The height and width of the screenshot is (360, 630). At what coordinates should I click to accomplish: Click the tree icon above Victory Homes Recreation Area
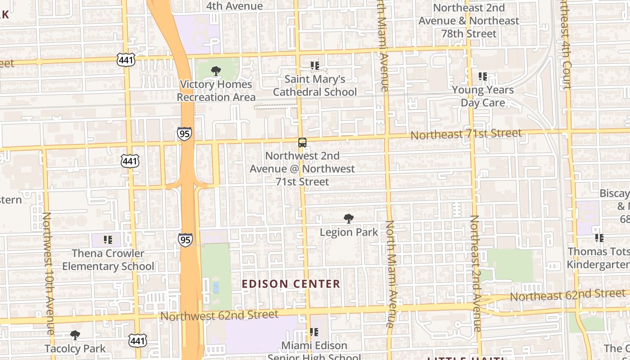(x=216, y=71)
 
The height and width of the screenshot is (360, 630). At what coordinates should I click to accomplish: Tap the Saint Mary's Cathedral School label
(x=315, y=85)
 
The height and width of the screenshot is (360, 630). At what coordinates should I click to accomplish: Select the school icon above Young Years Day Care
(x=483, y=76)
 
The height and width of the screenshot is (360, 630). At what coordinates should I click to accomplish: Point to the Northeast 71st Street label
(x=466, y=134)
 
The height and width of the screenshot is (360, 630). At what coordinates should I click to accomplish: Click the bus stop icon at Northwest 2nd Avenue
(x=302, y=143)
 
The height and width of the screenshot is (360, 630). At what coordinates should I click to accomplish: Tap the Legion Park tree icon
(x=348, y=219)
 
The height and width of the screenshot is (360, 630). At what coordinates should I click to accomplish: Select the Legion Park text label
(x=349, y=232)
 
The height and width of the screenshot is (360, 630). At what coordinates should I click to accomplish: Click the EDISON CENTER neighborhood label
(x=291, y=284)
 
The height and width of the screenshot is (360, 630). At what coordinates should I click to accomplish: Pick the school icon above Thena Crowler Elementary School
(x=108, y=240)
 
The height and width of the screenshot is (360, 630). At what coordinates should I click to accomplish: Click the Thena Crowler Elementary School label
(x=108, y=260)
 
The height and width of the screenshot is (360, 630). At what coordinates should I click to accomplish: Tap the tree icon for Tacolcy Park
(x=75, y=335)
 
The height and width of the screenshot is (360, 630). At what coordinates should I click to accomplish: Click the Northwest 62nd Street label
(x=219, y=315)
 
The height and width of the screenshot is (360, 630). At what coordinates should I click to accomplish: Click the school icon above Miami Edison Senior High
(x=314, y=332)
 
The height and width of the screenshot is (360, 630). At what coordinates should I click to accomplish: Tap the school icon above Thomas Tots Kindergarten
(x=599, y=238)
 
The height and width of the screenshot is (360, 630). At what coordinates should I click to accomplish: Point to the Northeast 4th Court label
(x=565, y=45)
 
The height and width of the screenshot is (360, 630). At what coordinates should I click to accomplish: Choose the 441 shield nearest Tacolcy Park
(x=137, y=341)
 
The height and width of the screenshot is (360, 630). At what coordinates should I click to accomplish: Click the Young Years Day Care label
(x=483, y=96)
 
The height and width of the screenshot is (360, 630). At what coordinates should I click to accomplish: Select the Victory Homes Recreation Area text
(x=216, y=90)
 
